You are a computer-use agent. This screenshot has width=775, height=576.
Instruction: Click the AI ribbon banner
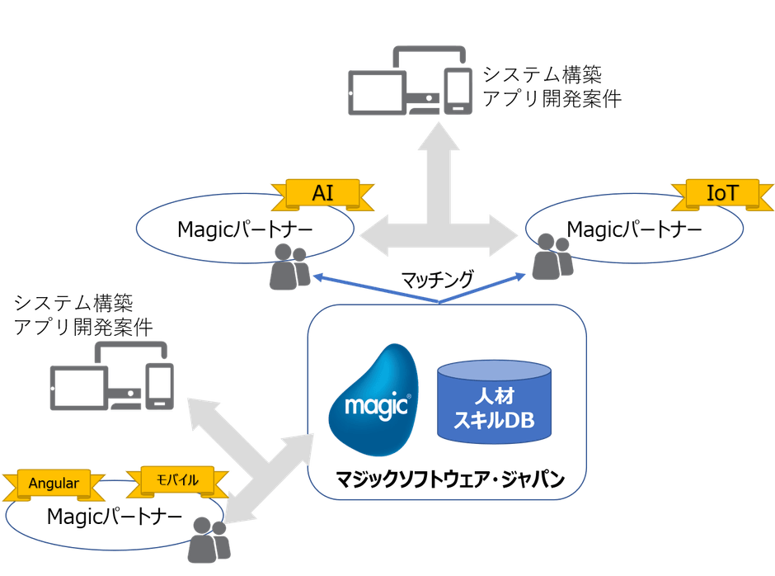click(x=322, y=193)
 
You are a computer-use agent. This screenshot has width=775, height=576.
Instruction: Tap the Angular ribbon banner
click(x=54, y=483)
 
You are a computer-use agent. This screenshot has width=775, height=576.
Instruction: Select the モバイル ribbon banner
click(x=173, y=479)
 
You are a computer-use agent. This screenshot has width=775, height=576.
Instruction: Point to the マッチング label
click(x=437, y=280)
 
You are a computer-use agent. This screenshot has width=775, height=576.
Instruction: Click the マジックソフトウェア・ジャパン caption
click(x=449, y=479)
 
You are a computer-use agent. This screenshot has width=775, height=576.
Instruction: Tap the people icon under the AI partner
click(x=286, y=266)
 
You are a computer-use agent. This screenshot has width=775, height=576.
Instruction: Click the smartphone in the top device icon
click(x=457, y=91)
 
